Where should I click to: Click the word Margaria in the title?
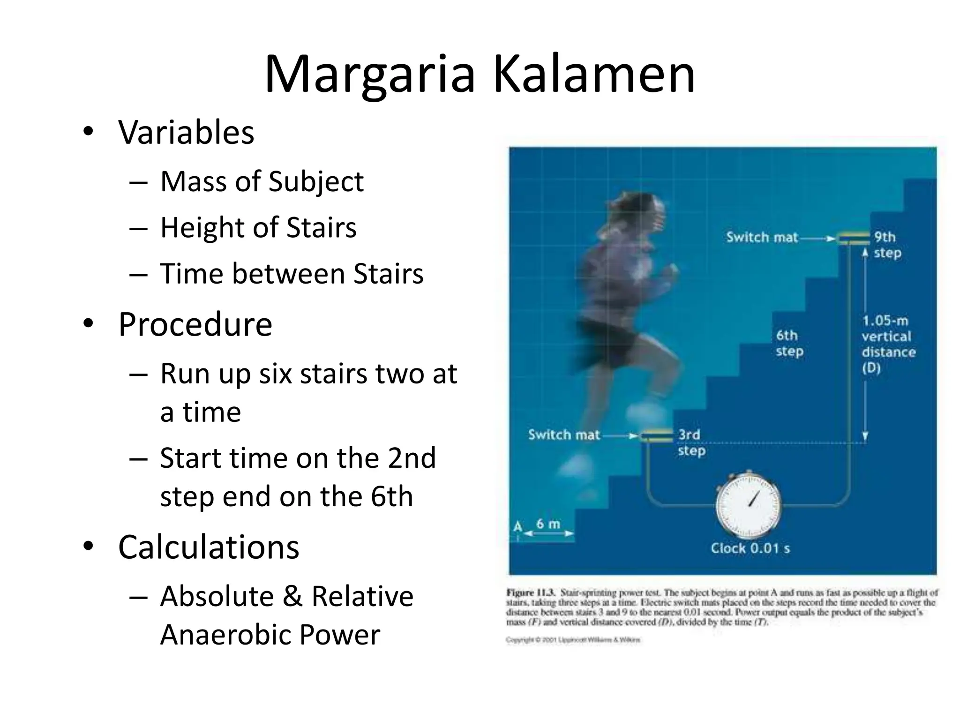[370, 75]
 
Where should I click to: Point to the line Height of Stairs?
[258, 227]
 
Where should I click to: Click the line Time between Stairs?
[292, 274]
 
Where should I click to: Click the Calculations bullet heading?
[209, 547]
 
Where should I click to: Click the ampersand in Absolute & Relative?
[292, 597]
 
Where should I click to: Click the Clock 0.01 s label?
[750, 548]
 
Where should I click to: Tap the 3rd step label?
[691, 442]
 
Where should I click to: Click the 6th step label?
[789, 343]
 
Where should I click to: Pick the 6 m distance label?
[548, 524]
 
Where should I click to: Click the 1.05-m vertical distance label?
[887, 344]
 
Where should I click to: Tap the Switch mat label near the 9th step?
[762, 237]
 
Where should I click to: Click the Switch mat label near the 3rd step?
[564, 435]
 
